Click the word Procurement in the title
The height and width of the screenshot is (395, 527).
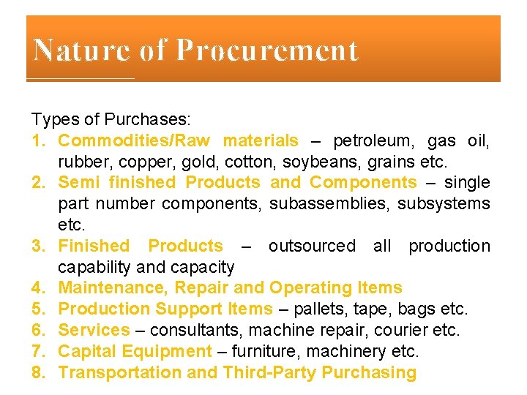click(x=268, y=50)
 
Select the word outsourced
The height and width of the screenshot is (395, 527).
click(x=312, y=246)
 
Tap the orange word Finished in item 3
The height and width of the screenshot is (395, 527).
click(x=93, y=246)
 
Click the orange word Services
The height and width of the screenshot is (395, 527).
click(x=94, y=331)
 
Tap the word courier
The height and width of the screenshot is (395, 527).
click(x=405, y=331)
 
